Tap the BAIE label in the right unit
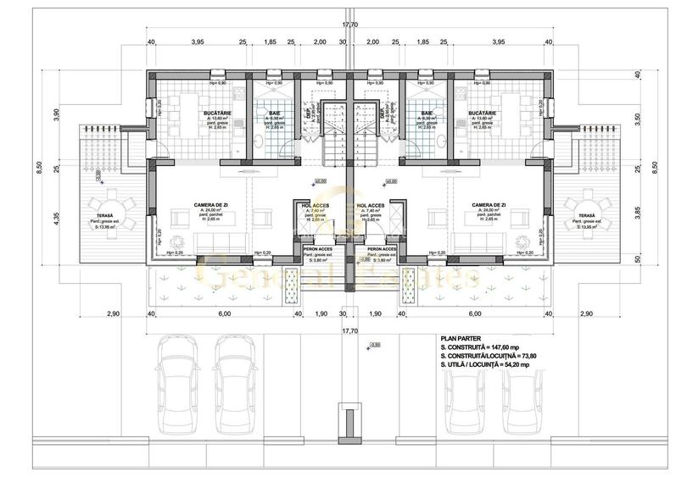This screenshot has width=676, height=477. click(x=425, y=112)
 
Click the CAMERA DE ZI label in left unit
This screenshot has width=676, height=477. click(x=204, y=205)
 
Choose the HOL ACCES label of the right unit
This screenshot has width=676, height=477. click(x=372, y=206)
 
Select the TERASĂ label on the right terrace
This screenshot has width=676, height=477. click(x=583, y=216)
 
